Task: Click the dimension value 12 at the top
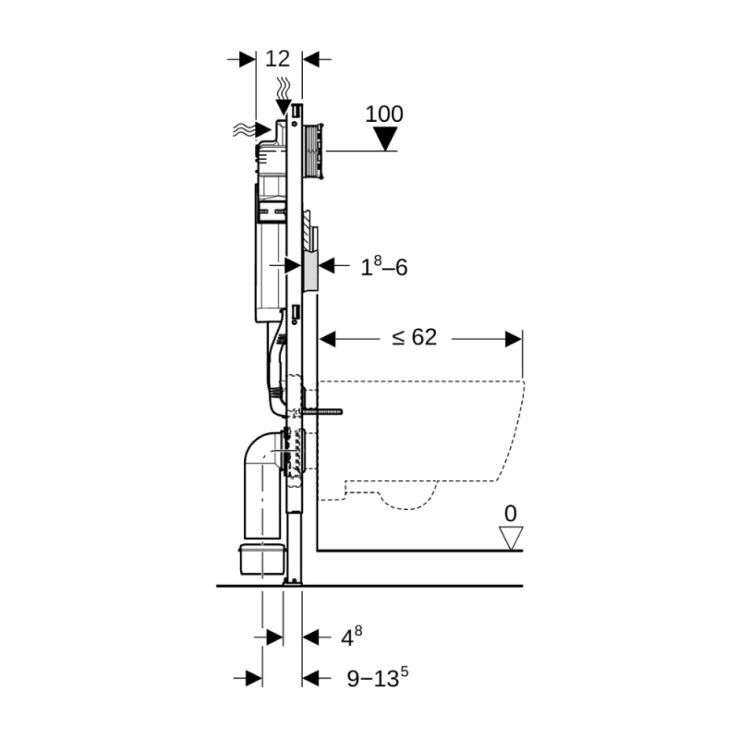point(277,59)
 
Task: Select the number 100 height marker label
point(384,114)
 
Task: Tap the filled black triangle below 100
point(385,139)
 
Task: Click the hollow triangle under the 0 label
point(510,538)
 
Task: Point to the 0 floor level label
point(510,513)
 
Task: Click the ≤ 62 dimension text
point(413,338)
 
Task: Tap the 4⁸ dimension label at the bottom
point(352,636)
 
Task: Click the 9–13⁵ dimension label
point(378,679)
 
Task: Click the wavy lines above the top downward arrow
point(284,89)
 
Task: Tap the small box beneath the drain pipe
point(260,560)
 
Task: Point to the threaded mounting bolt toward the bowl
point(323,411)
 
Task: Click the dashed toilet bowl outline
point(425,434)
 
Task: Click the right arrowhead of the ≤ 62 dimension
point(514,339)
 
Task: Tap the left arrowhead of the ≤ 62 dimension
point(328,339)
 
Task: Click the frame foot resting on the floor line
point(293,580)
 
